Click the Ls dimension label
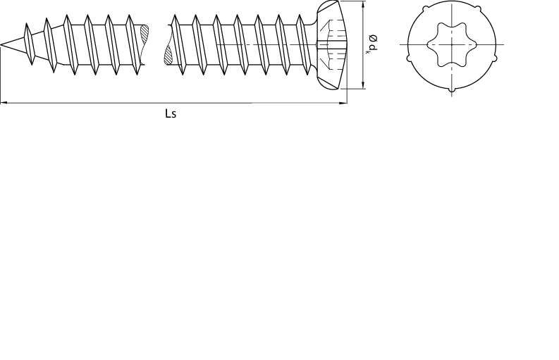click(171, 113)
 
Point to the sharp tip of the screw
click(1, 44)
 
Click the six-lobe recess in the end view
click(452, 44)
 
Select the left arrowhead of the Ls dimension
click(4, 103)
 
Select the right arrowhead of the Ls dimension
click(343, 103)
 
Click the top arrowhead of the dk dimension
click(363, 5)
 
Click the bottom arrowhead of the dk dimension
click(363, 85)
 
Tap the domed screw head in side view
click(331, 44)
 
